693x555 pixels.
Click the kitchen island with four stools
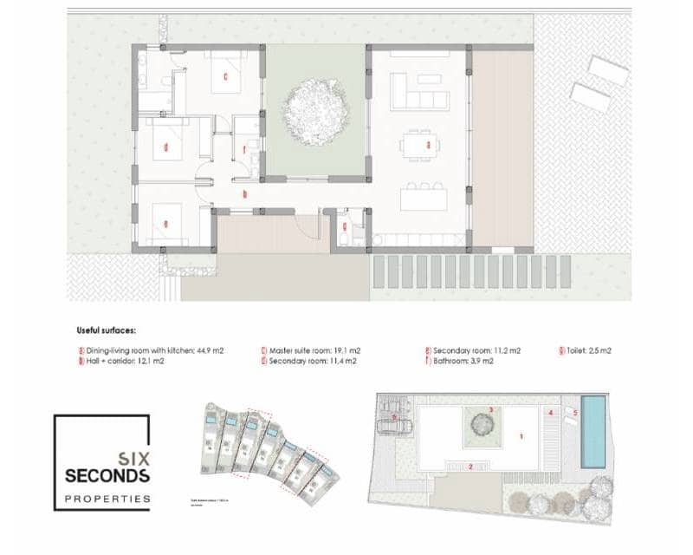coord(424,199)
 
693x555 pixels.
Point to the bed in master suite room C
coord(227,76)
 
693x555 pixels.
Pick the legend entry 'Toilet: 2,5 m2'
coord(589,350)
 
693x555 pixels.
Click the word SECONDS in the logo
coord(107,475)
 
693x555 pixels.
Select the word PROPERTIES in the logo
coord(107,499)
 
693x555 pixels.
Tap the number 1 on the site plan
coord(521,437)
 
